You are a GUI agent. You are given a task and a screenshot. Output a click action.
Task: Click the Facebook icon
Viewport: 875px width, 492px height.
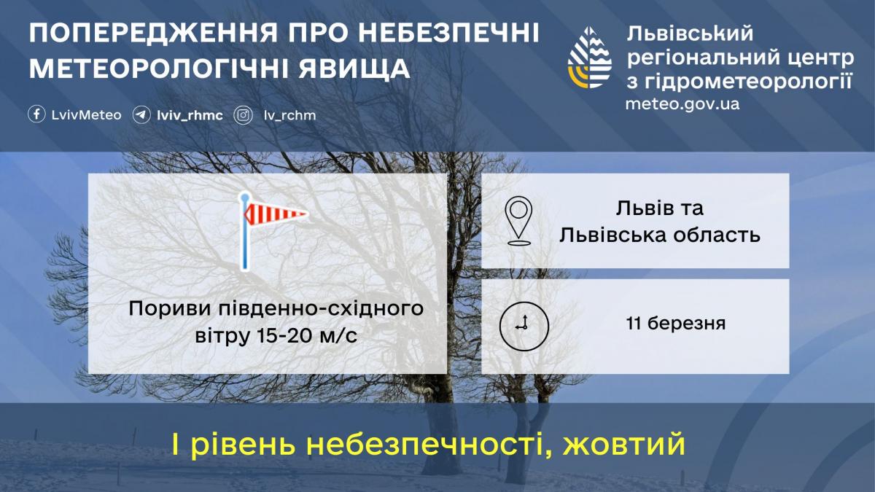[x=36, y=115]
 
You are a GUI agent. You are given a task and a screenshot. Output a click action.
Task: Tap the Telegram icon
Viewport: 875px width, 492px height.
[x=141, y=115]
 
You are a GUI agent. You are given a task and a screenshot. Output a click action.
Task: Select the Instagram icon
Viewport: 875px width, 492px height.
[x=243, y=115]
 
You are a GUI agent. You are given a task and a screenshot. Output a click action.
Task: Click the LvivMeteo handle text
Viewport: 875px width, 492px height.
[x=86, y=115]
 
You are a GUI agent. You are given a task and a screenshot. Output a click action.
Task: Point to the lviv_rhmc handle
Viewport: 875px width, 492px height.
[x=190, y=116]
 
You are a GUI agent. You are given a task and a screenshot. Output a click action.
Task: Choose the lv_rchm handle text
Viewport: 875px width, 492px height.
[x=290, y=116]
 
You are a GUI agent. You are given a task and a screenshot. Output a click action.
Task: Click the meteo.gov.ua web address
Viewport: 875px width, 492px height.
[x=682, y=104]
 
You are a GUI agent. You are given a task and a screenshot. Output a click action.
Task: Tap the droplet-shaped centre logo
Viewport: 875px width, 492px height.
[x=589, y=58]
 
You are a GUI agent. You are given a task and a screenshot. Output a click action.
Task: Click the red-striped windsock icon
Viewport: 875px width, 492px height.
[x=273, y=231]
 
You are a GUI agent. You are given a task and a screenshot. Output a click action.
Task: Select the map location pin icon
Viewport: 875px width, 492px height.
[x=518, y=221]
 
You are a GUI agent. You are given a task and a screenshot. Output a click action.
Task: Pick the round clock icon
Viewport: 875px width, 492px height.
[x=524, y=326]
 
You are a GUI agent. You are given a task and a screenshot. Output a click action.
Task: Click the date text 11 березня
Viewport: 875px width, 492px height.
[x=676, y=324]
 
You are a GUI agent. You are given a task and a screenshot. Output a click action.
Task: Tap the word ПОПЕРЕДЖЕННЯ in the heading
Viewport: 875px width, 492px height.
[x=153, y=34]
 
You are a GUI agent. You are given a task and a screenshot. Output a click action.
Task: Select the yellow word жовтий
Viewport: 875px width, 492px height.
[x=623, y=444]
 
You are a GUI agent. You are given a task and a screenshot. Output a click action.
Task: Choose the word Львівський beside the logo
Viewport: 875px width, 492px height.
[x=690, y=34]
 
